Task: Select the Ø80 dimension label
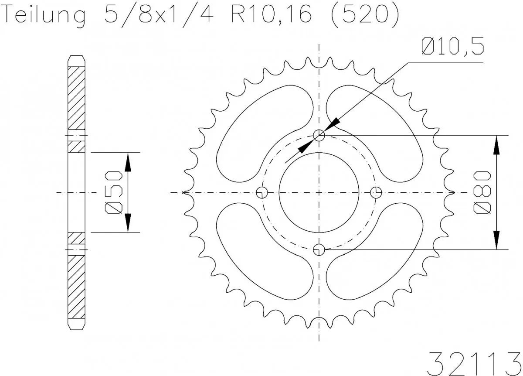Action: pyautogui.click(x=484, y=192)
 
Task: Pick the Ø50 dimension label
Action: pyautogui.click(x=115, y=192)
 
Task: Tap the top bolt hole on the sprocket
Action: pyautogui.click(x=319, y=136)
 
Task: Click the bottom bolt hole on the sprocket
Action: pyautogui.click(x=319, y=250)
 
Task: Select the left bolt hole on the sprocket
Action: pyautogui.click(x=262, y=192)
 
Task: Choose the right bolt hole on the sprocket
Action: pyautogui.click(x=376, y=192)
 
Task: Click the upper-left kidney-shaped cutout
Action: pyautogui.click(x=261, y=133)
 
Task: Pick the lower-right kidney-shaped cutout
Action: pyautogui.click(x=377, y=252)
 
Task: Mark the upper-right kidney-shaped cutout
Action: pyautogui.click(x=377, y=133)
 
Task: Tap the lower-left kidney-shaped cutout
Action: pyautogui.click(x=261, y=252)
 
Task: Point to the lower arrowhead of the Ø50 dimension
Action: pyautogui.click(x=128, y=223)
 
